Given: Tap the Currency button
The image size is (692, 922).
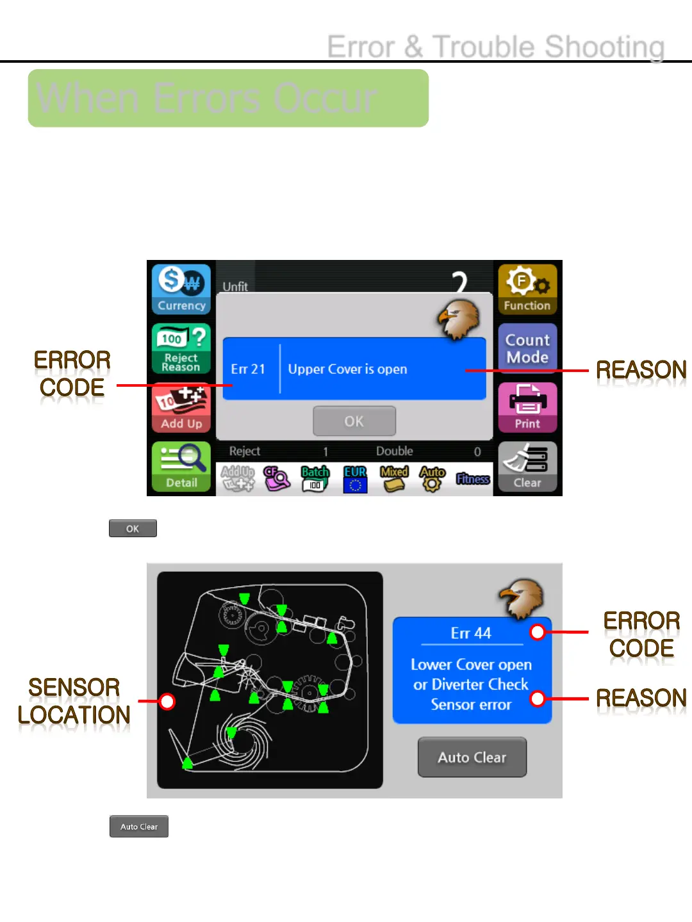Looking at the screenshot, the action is [x=181, y=289].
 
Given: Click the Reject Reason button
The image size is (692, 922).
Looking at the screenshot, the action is [x=181, y=348].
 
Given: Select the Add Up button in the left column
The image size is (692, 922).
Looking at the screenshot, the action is [x=181, y=408].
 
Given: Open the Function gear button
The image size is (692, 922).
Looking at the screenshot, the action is [x=527, y=289].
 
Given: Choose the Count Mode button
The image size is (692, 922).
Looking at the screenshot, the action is [x=527, y=348].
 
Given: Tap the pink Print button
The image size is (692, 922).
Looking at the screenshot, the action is [x=527, y=408].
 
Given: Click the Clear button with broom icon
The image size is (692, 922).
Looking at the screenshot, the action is [x=527, y=467].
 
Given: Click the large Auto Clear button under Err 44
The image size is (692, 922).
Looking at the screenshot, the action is [x=472, y=757].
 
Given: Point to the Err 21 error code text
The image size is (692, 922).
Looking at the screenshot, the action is [x=248, y=369].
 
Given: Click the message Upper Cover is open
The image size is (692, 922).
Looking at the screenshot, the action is [x=347, y=369].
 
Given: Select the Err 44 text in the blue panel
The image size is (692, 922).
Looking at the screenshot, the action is [x=471, y=633].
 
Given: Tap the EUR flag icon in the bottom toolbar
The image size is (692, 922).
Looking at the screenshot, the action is [x=355, y=479].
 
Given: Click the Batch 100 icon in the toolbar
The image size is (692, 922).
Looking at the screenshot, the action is [x=315, y=479].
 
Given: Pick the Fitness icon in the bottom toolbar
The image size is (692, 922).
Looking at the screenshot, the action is [x=473, y=479].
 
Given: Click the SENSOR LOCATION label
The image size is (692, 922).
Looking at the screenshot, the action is [x=74, y=701].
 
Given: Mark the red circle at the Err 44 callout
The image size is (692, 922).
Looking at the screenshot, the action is [x=538, y=633].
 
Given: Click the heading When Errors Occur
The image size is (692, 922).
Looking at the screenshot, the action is [x=207, y=99].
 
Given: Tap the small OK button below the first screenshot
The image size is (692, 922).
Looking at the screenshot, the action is [x=133, y=528].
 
